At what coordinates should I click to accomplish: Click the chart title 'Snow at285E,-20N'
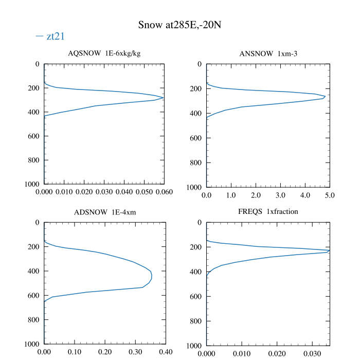pyautogui.click(x=180, y=25)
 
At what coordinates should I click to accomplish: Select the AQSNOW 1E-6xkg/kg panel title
pyautogui.click(x=104, y=53)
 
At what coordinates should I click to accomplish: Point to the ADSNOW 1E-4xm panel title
pyautogui.click(x=104, y=212)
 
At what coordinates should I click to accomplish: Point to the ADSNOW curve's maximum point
pyautogui.click(x=152, y=278)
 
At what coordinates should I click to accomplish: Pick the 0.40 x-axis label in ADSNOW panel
pyautogui.click(x=166, y=352)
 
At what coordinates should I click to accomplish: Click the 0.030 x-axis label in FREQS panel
pyautogui.click(x=312, y=354)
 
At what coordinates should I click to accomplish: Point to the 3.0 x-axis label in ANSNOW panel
pyautogui.click(x=280, y=195)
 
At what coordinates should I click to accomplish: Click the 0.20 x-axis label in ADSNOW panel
pyautogui.click(x=105, y=352)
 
